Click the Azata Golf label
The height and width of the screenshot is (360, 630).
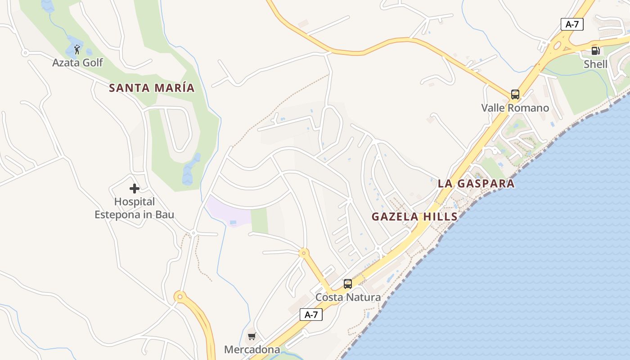click(x=77, y=63)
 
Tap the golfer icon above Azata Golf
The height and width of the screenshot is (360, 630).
click(x=77, y=49)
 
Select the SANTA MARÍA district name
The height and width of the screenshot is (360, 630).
click(x=152, y=88)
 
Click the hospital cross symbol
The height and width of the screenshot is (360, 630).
click(x=134, y=189)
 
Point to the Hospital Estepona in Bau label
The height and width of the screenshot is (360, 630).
click(x=134, y=208)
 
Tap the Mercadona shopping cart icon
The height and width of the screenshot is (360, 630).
click(x=252, y=336)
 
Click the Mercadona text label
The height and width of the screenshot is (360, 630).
click(x=252, y=350)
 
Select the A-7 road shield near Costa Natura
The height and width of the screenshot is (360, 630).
click(x=311, y=315)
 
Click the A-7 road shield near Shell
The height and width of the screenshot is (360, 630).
click(x=572, y=24)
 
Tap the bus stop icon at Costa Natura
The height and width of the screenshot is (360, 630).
click(x=348, y=284)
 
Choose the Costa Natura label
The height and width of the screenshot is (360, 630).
click(x=348, y=297)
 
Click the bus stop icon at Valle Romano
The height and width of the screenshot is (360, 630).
click(x=515, y=94)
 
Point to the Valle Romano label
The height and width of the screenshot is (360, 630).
click(x=515, y=108)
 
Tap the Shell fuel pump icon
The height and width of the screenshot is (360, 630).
click(x=595, y=51)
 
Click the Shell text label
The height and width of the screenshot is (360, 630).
click(x=595, y=64)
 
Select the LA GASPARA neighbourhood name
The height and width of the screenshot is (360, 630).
click(x=476, y=184)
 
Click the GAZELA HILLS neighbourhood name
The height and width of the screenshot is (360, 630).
click(x=414, y=216)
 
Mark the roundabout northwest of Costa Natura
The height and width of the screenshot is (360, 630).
click(x=304, y=253)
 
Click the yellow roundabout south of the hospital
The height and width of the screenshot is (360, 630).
click(x=180, y=297)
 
